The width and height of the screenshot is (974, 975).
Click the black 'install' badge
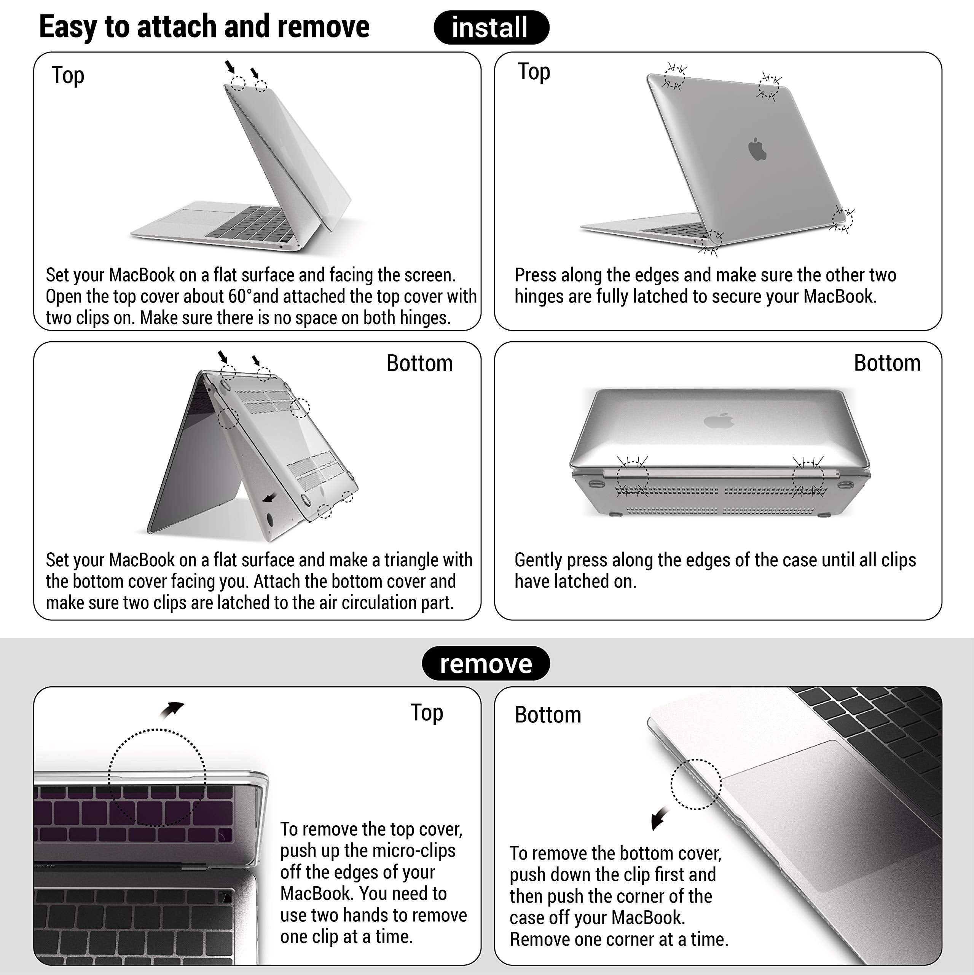pos(491,27)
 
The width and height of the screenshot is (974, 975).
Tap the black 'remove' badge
pos(486,663)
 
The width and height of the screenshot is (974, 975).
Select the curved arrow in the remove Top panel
pos(172,709)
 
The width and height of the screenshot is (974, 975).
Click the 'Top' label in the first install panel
pos(68,76)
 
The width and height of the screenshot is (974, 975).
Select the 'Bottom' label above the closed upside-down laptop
pos(887,363)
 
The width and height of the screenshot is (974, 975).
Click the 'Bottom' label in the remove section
pos(548,714)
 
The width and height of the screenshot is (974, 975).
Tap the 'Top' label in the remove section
pos(427,713)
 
